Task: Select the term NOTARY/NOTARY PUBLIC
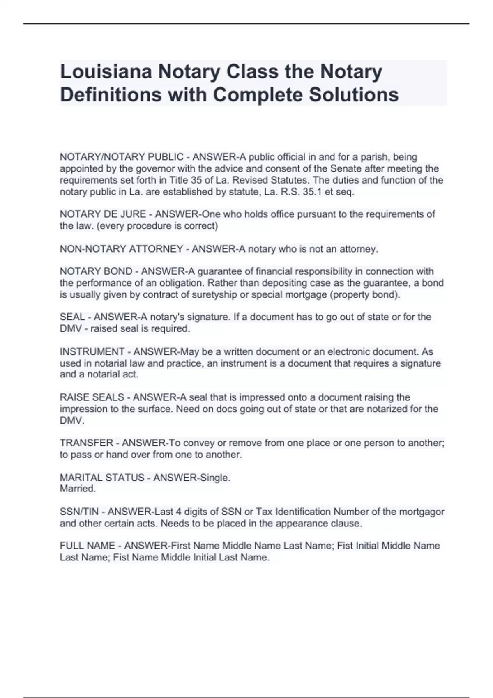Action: [122, 157]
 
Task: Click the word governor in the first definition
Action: [158, 168]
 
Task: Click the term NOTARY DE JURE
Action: [103, 214]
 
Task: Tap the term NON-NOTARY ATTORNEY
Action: [122, 249]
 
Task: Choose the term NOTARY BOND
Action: [96, 271]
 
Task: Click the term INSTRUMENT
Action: [92, 351]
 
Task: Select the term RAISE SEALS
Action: [92, 397]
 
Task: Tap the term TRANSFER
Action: [86, 443]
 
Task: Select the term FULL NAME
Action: [87, 545]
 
